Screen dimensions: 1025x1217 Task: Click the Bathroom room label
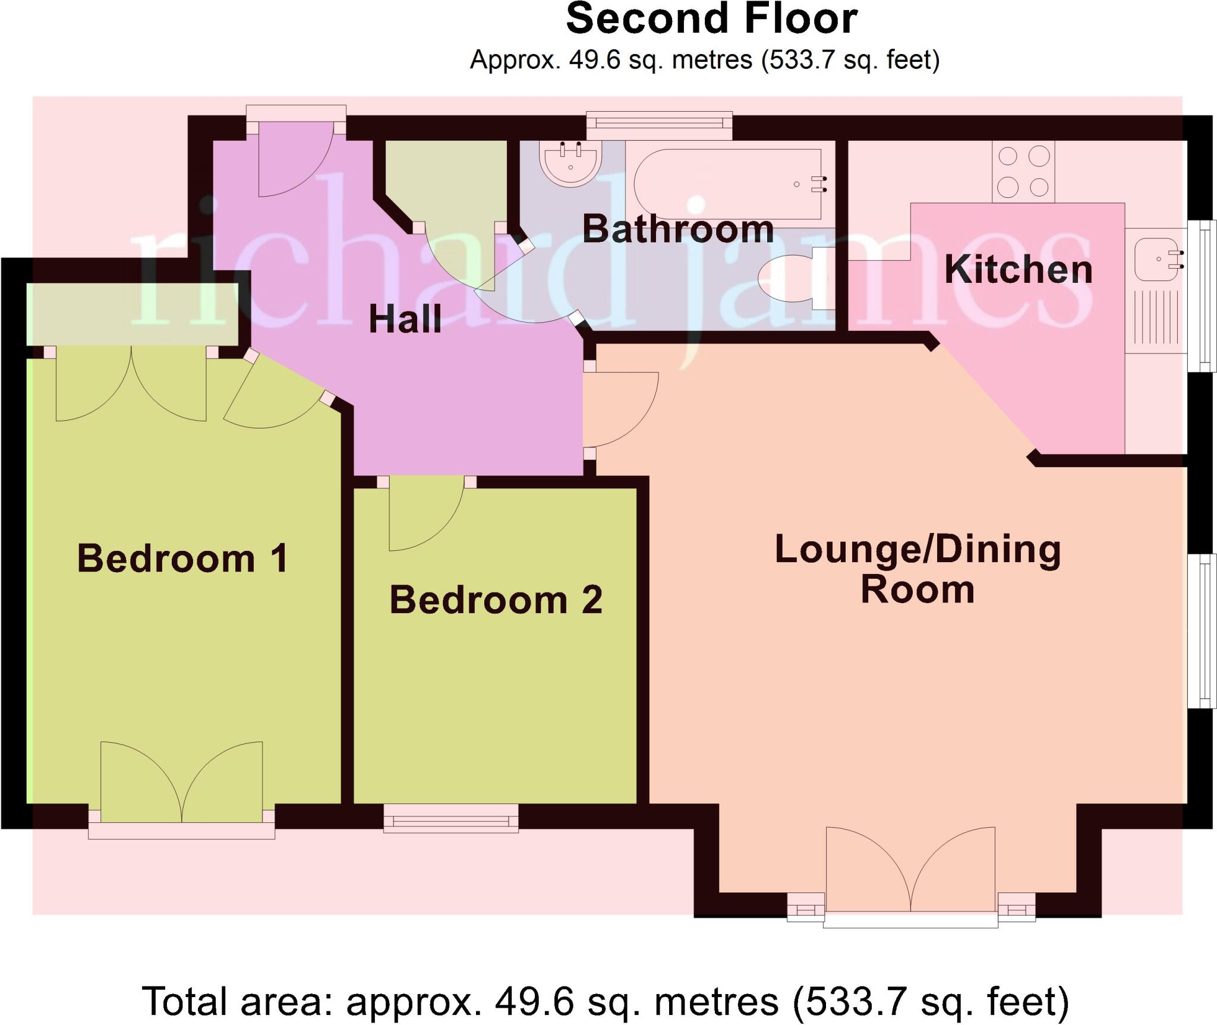click(677, 229)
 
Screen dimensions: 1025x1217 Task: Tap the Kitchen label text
click(1018, 269)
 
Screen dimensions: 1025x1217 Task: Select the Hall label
click(405, 318)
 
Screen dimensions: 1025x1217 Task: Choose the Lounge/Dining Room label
click(918, 569)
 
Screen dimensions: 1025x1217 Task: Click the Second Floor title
click(711, 19)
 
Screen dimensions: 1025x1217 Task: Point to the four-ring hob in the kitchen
click(1023, 172)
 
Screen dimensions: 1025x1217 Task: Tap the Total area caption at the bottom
click(605, 1001)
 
